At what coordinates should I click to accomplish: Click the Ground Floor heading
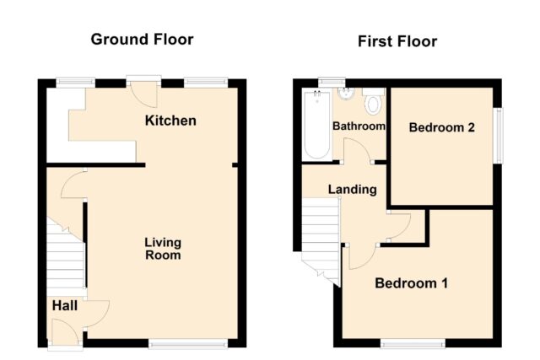[x=142, y=40]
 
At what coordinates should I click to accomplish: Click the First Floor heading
[x=397, y=41]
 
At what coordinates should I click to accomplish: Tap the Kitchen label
[x=170, y=121]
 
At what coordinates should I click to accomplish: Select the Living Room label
[x=163, y=249]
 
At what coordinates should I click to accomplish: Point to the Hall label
[x=65, y=306]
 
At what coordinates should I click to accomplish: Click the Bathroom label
[x=359, y=126]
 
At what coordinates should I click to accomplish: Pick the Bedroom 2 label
[x=442, y=127]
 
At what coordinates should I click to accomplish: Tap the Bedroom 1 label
[x=411, y=283]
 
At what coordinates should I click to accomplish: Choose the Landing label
[x=353, y=190]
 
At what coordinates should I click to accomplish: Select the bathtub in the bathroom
[x=317, y=124]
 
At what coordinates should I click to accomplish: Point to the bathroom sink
[x=346, y=94]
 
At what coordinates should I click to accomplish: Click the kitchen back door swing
[x=144, y=95]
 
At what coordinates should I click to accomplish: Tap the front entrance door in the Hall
[x=66, y=331]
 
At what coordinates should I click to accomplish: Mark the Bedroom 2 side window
[x=498, y=136]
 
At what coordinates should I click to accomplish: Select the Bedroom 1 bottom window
[x=413, y=343]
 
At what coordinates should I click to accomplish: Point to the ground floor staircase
[x=66, y=255]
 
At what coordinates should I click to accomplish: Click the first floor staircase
[x=321, y=241]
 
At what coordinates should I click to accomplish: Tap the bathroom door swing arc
[x=358, y=149]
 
